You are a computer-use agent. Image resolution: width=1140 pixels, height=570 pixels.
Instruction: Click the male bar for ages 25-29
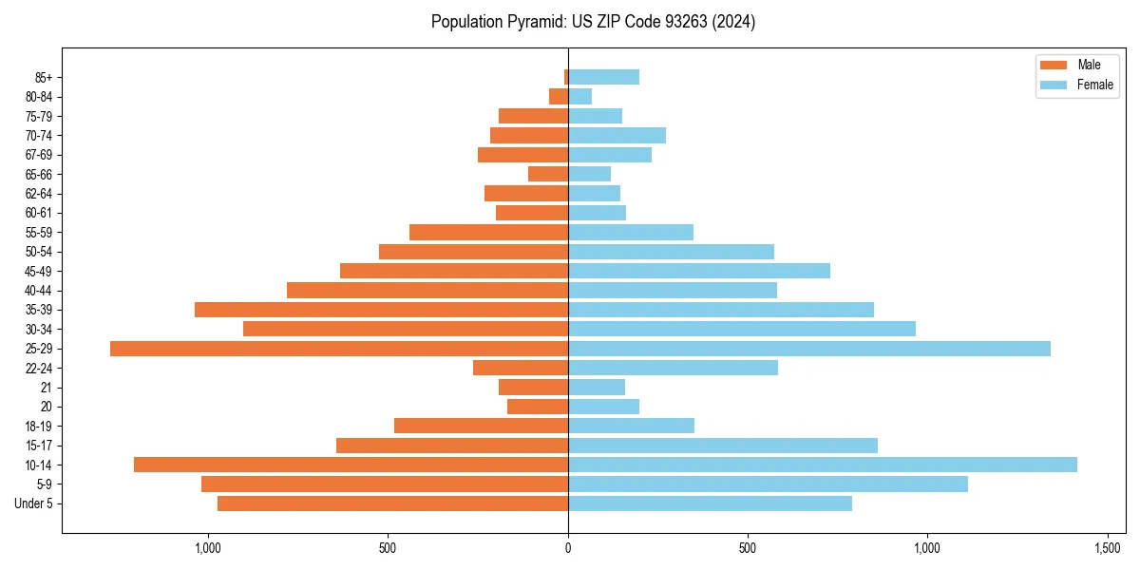pos(339,349)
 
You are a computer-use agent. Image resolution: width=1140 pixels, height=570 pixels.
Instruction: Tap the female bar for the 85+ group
pos(603,77)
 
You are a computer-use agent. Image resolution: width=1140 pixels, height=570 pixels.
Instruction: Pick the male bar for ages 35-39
pos(381,310)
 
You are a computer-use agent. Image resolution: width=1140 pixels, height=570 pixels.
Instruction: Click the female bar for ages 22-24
pos(673,368)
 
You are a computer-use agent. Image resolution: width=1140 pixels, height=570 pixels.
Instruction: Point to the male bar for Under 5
pos(392,503)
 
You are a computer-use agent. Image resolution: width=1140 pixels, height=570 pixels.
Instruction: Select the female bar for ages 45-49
pos(699,271)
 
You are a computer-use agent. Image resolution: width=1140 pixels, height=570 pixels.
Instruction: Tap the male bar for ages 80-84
pos(559,97)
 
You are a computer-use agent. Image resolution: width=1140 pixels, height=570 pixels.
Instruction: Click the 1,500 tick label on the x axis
pos(1108,548)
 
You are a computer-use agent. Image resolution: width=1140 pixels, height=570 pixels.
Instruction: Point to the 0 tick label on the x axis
pos(568,548)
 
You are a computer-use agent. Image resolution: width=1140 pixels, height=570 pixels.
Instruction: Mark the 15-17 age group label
pos(38,446)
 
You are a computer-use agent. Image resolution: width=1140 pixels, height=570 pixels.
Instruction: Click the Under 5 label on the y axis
pos(34,503)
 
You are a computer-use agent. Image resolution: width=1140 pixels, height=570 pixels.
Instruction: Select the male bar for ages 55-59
pos(488,232)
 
